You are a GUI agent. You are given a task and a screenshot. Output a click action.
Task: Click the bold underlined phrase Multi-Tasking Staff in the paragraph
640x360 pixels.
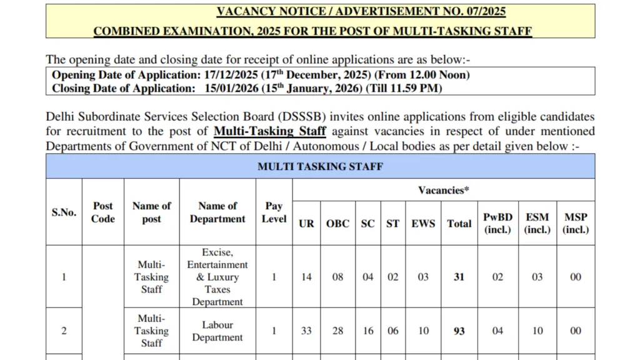[270, 131]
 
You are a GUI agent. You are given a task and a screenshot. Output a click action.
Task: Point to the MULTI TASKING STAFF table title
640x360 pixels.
[320, 167]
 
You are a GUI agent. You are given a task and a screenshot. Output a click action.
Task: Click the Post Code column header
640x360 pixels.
[103, 212]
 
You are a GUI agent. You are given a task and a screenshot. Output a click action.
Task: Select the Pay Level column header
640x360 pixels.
[274, 212]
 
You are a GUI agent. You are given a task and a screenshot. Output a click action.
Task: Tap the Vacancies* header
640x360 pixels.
[443, 190]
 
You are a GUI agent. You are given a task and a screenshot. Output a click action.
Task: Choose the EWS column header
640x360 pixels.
[423, 223]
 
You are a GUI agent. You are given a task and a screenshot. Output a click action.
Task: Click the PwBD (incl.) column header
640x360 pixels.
[497, 223]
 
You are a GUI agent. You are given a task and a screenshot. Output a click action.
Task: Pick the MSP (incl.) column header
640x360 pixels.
[576, 223]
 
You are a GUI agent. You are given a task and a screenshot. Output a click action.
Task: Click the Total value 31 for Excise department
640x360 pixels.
[459, 277]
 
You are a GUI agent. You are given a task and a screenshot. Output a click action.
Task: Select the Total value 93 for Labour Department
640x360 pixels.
[459, 331]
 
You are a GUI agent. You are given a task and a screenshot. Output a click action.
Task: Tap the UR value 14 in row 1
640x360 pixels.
[306, 277]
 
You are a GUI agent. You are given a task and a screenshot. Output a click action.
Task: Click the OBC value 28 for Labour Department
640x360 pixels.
[337, 331]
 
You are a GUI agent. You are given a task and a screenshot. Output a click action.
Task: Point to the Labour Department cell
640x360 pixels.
[217, 331]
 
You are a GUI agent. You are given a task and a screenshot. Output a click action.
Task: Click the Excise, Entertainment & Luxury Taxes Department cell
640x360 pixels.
[217, 277]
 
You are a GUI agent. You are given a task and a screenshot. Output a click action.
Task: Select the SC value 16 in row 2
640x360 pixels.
[368, 331]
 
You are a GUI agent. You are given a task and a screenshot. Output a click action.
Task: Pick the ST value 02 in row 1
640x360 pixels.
[392, 277]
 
